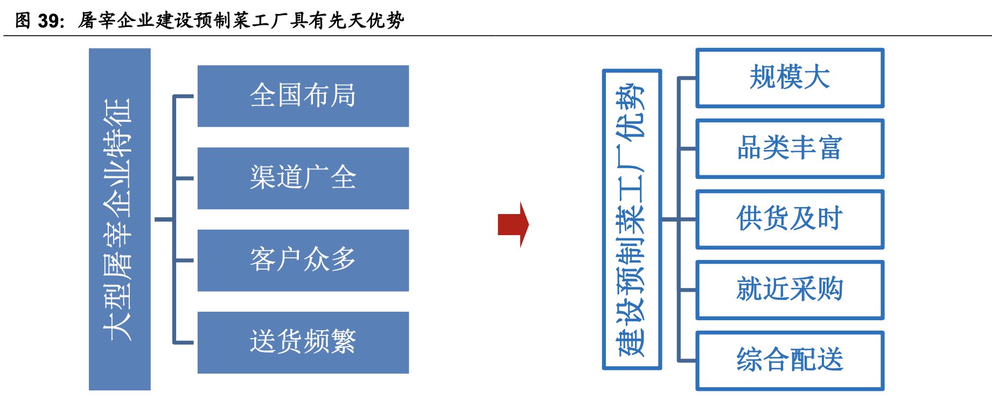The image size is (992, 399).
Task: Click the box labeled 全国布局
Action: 303,96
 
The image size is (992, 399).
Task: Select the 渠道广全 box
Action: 303,178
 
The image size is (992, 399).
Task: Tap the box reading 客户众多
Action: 303,260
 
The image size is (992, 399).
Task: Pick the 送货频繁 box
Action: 303,342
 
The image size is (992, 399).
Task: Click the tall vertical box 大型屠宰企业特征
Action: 120,219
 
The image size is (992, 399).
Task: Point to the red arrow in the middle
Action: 513,224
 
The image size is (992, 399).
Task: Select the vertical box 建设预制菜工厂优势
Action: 632,219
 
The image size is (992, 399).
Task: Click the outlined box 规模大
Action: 790,78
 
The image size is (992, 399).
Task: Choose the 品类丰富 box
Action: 790,149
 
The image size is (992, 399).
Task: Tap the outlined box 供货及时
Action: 790,219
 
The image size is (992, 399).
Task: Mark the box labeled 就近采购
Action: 790,290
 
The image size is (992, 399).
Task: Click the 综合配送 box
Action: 790,361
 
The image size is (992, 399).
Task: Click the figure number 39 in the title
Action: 49,20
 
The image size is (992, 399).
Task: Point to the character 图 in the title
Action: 23,20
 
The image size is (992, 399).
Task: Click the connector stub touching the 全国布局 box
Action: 184,97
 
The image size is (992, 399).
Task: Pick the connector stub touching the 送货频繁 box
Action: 184,342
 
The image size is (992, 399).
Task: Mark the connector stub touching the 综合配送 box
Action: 688,360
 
